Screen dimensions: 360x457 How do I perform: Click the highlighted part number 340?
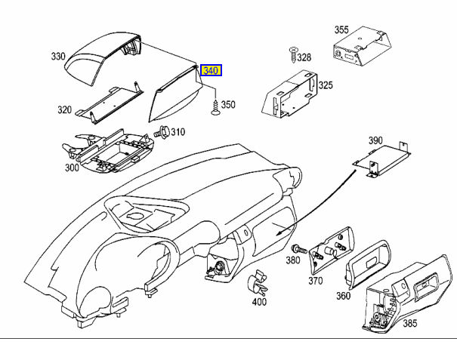click(x=211, y=71)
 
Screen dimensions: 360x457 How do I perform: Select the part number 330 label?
click(x=59, y=57)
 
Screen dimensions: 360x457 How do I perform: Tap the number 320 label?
click(x=64, y=110)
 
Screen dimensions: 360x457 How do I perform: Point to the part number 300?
click(x=72, y=168)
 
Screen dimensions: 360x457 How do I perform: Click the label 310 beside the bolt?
click(x=177, y=133)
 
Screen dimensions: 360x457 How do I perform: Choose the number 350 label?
click(x=227, y=105)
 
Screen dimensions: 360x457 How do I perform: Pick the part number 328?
click(x=304, y=57)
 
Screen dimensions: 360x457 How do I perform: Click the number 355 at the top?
click(x=341, y=30)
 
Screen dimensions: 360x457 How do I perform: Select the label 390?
click(x=376, y=141)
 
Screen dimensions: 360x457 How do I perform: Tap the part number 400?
click(x=259, y=302)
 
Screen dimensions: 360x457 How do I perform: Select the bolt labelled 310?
click(x=161, y=134)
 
